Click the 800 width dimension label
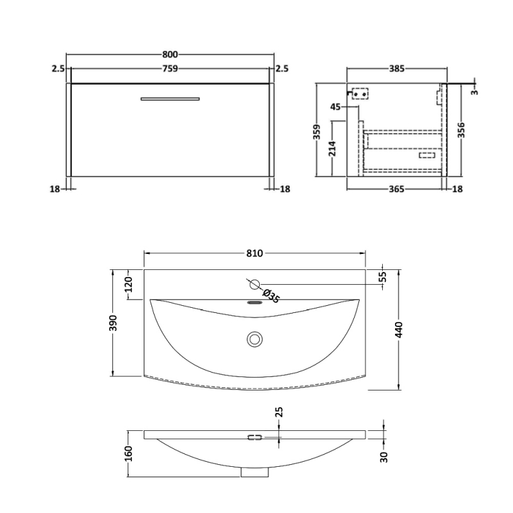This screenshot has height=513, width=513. [170, 55]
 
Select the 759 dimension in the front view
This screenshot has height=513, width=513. [170, 69]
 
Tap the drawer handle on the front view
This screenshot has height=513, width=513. [170, 99]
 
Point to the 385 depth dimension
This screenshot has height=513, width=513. [396, 69]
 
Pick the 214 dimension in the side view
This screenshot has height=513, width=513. [332, 149]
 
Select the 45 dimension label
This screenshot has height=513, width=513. [335, 107]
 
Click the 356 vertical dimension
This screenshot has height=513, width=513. [461, 130]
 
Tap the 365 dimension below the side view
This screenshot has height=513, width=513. [396, 189]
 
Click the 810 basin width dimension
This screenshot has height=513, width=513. [255, 253]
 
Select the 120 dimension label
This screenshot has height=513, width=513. [128, 284]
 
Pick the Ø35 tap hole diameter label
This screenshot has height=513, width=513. [271, 297]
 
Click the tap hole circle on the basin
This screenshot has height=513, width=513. [255, 283]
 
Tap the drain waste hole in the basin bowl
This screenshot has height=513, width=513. [255, 338]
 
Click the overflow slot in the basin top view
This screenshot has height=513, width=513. [255, 304]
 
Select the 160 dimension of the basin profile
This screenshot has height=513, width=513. [128, 453]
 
